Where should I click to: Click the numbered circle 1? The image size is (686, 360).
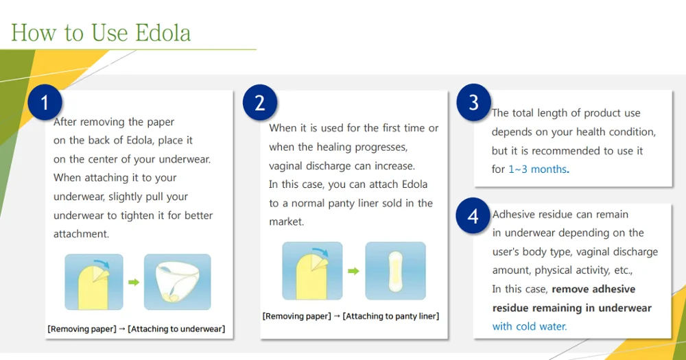[x=45, y=103]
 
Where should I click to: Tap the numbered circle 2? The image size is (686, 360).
[x=259, y=103]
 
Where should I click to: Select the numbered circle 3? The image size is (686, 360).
[x=473, y=102]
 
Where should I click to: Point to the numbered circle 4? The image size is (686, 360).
[x=473, y=216]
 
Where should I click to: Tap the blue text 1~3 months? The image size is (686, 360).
[x=538, y=169]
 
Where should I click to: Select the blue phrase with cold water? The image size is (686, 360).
[x=530, y=326]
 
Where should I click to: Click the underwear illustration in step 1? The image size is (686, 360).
[x=177, y=281]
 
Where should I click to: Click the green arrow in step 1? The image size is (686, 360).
[x=134, y=282]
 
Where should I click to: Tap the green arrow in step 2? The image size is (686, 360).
[x=353, y=271]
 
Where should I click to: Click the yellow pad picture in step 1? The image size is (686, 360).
[x=94, y=282]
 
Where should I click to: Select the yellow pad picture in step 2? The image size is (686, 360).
[x=312, y=271]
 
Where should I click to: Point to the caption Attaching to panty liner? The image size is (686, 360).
[x=391, y=316]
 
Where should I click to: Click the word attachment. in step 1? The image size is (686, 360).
[x=81, y=234]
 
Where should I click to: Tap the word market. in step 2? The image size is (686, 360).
[x=286, y=221]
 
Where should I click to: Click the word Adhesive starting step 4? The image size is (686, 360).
[x=514, y=215]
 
